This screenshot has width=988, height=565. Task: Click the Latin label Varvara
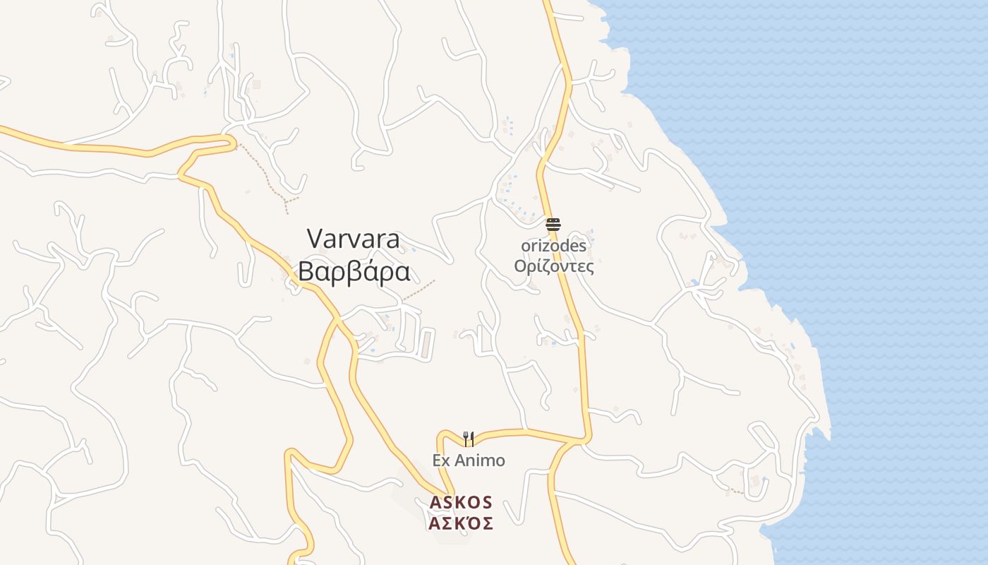[354, 239]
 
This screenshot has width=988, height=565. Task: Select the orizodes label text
[553, 246]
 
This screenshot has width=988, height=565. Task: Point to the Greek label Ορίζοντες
[553, 266]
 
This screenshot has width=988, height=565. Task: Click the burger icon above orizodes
[553, 225]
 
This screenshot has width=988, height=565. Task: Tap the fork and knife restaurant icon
[469, 439]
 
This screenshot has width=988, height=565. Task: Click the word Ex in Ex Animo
[441, 460]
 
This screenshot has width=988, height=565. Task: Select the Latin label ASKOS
[461, 502]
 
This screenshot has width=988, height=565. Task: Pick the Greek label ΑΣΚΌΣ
[461, 523]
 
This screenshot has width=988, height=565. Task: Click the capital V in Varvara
[315, 239]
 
